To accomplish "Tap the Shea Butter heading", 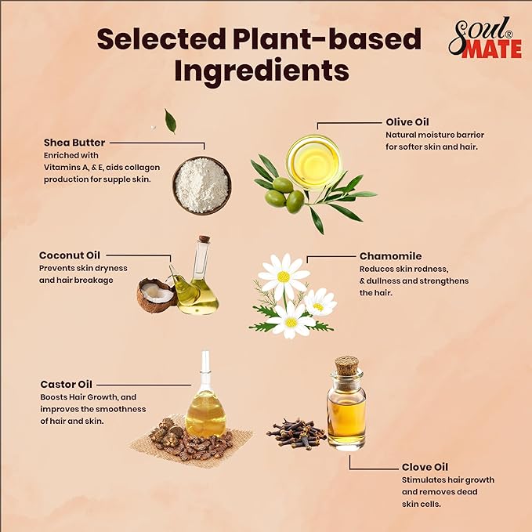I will (x=75, y=143).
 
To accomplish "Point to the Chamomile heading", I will (x=390, y=255).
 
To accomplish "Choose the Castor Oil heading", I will (x=67, y=385).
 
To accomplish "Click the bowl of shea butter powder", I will (x=201, y=185).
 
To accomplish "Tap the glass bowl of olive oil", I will (x=313, y=161).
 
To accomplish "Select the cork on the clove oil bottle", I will (x=346, y=366).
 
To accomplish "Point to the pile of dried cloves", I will (x=296, y=432).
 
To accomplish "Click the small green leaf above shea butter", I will (x=171, y=121).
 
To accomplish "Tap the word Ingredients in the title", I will (x=261, y=71).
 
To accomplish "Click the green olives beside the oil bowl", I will (x=284, y=194).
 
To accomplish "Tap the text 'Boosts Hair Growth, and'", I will (x=88, y=397).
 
